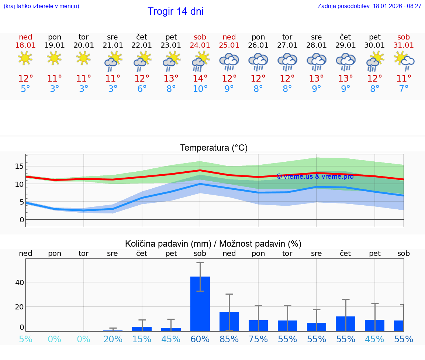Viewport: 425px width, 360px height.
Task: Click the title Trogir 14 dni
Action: tap(175, 11)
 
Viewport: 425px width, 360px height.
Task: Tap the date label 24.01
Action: tap(200, 45)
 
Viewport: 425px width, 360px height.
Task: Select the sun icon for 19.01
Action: tap(55, 58)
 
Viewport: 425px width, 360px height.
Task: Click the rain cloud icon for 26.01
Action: tap(258, 61)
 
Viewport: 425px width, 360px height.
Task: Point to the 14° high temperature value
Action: tap(200, 79)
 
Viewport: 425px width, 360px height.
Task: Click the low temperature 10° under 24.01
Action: tap(200, 89)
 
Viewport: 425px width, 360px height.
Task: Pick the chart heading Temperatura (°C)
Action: tap(214, 148)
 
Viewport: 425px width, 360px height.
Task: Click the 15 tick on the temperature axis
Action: tap(19, 166)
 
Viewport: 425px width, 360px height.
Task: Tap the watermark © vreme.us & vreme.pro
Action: tap(315, 176)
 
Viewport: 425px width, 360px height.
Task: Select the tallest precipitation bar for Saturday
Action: tap(200, 304)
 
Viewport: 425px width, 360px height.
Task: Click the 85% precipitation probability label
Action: tap(229, 339)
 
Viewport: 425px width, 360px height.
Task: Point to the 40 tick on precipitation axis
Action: tap(19, 282)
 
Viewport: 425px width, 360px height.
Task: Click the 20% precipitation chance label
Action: tap(113, 339)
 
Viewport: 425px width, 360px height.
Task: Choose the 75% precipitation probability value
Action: tap(258, 339)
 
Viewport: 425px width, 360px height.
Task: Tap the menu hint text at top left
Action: tap(41, 6)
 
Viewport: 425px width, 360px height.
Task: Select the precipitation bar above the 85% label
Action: tap(229, 321)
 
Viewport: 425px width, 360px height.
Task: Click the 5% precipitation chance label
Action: tap(25, 339)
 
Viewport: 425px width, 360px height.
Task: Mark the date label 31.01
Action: tap(404, 45)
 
